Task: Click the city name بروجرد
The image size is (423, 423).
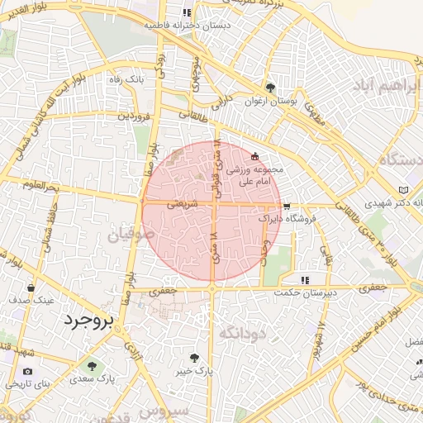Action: tap(85, 320)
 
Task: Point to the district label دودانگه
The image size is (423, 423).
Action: tap(241, 332)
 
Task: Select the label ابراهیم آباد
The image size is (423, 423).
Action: tap(387, 86)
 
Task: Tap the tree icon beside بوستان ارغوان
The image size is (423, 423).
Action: tap(270, 88)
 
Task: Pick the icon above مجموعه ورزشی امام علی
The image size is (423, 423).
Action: tap(254, 156)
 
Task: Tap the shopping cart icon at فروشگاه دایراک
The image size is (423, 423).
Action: tap(287, 207)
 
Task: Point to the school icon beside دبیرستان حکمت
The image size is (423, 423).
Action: tap(305, 279)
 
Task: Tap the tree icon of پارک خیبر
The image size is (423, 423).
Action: tap(194, 359)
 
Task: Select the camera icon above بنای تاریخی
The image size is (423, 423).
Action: tap(29, 373)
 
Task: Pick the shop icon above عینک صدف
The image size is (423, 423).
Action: tap(31, 288)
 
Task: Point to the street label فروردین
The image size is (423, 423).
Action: tap(134, 116)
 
